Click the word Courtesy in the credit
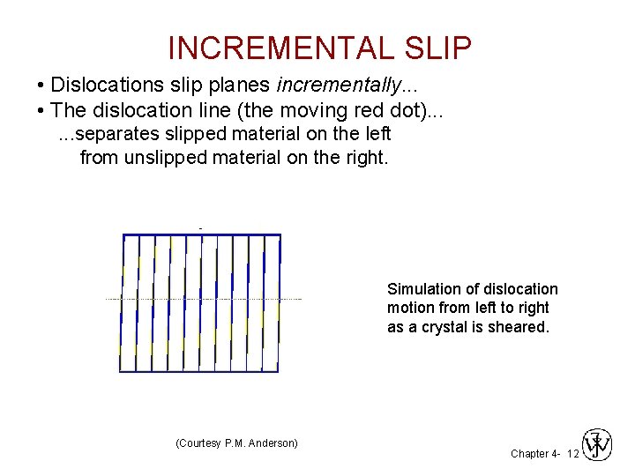coord(205,443)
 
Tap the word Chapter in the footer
coord(529,453)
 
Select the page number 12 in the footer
coord(572,453)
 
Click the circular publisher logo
coord(598,443)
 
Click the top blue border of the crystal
coord(201,234)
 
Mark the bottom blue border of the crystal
coord(199,371)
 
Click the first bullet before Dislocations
coord(41,86)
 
